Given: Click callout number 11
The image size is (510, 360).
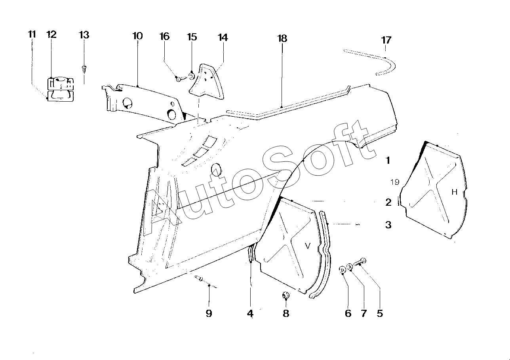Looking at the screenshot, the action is click(32, 34).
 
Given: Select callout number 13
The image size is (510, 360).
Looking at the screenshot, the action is click(84, 35).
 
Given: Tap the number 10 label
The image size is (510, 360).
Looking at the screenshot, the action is click(137, 36).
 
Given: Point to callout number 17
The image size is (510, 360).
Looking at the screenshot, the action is click(386, 40).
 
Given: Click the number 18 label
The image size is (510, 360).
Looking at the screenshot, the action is click(282, 38).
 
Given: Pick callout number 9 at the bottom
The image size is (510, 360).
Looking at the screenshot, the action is click(209, 313).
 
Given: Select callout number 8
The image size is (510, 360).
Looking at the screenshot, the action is click(286, 313).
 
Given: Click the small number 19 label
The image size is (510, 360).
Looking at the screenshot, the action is click(395, 182).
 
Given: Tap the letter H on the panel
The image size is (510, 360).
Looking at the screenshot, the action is click(455, 192).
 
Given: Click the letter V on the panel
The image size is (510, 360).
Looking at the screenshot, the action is click(308, 246).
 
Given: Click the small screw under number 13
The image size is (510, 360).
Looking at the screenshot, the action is click(84, 69).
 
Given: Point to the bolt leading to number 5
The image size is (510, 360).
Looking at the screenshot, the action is click(360, 262).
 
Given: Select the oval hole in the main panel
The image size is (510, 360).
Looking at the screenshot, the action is click(216, 169).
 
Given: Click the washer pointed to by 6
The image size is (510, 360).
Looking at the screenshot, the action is click(342, 270).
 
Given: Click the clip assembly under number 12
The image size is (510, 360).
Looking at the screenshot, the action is click(60, 89).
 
